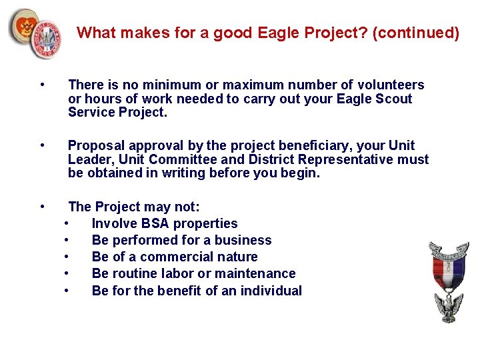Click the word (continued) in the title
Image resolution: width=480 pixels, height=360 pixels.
tap(416, 33)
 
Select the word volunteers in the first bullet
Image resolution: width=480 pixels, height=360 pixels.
tap(391, 85)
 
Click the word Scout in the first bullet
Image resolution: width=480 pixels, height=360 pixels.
tap(394, 99)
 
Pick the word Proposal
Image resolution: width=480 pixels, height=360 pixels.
tap(95, 145)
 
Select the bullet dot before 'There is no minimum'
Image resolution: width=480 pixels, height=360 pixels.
tap(42, 85)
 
